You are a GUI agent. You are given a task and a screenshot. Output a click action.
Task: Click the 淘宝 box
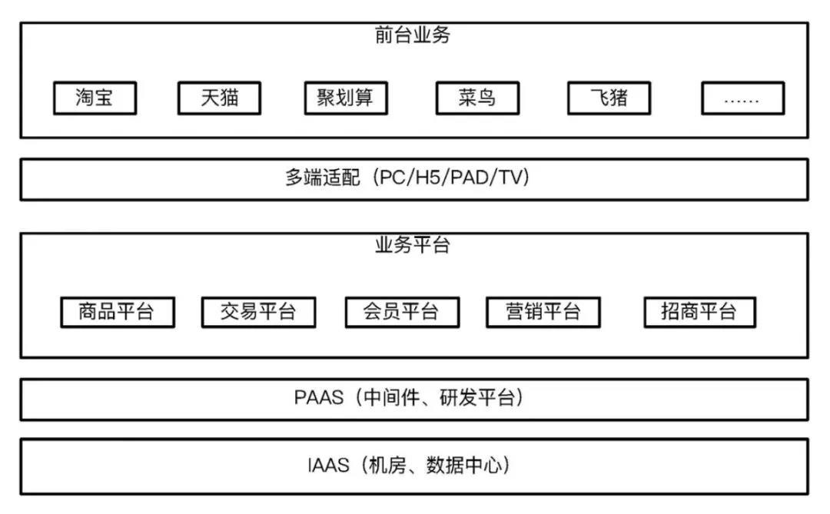(95, 98)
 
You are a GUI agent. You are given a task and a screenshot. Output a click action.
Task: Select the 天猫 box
(219, 98)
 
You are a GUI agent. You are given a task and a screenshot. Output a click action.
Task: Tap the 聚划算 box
(346, 98)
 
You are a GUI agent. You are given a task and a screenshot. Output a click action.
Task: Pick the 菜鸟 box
(477, 98)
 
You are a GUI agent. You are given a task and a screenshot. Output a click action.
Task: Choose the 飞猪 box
(609, 98)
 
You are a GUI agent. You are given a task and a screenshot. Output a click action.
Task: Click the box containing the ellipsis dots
(742, 98)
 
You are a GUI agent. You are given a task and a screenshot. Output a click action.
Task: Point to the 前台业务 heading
(413, 35)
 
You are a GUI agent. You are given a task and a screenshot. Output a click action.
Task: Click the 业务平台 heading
(413, 244)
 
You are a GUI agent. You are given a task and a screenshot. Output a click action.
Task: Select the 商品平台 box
(118, 312)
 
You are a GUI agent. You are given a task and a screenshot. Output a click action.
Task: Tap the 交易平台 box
(258, 312)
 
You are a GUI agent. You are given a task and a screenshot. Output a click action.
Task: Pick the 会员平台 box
(402, 312)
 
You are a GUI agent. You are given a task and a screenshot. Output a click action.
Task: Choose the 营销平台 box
(543, 312)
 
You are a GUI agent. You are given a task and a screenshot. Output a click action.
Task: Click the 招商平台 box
(699, 312)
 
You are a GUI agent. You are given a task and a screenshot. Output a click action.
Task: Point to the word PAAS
(319, 397)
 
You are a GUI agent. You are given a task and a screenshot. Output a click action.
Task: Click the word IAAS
(329, 466)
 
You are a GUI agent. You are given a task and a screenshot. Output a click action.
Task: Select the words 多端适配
(323, 177)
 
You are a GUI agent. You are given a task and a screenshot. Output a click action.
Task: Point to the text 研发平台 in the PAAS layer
(477, 397)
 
